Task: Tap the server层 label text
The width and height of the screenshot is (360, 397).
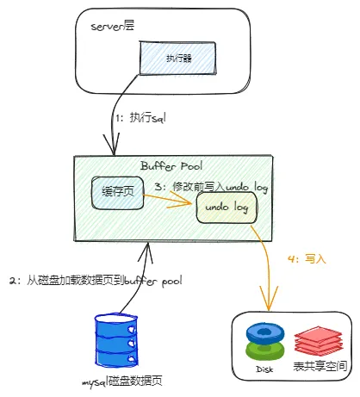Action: [x=115, y=26]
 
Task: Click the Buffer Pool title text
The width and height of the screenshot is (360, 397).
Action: [x=171, y=165]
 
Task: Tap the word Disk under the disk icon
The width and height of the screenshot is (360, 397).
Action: [x=264, y=368]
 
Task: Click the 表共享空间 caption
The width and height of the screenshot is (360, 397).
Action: [x=319, y=368]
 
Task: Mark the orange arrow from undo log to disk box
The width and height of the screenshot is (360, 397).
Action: [x=264, y=267]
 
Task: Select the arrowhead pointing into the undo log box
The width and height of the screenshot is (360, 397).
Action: [x=191, y=203]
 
